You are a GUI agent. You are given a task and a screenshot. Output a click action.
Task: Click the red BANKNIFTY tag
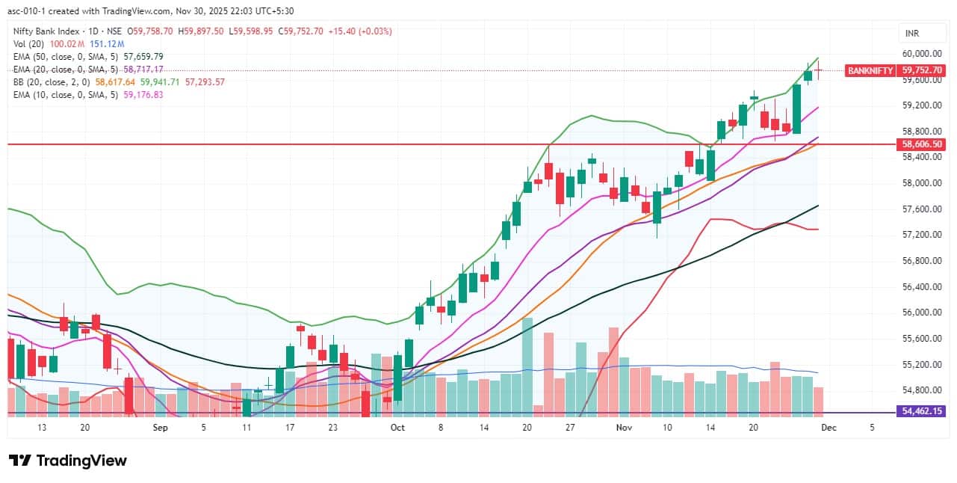[x=870, y=70]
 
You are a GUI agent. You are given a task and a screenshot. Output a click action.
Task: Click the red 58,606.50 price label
[x=923, y=144]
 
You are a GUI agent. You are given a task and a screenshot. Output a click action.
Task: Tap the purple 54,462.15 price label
[x=923, y=412]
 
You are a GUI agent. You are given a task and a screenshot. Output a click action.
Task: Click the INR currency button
[x=912, y=34]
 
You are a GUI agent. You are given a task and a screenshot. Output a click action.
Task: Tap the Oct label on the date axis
[x=397, y=428]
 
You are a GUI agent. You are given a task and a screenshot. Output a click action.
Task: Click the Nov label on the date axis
[x=624, y=428]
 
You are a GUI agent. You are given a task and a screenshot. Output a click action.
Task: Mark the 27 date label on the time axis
[x=570, y=428]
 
